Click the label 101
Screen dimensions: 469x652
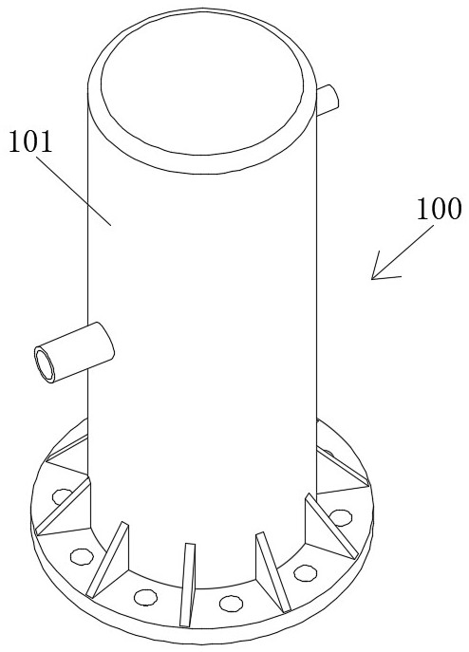coord(30,141)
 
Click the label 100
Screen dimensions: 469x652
coord(439,209)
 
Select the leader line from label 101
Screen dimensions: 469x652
coord(73,191)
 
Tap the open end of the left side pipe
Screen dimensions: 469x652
coord(45,364)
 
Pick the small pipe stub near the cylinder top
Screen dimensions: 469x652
coord(328,100)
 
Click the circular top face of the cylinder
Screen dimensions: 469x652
coord(202,84)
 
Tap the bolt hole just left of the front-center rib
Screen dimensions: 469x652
coord(145,597)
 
